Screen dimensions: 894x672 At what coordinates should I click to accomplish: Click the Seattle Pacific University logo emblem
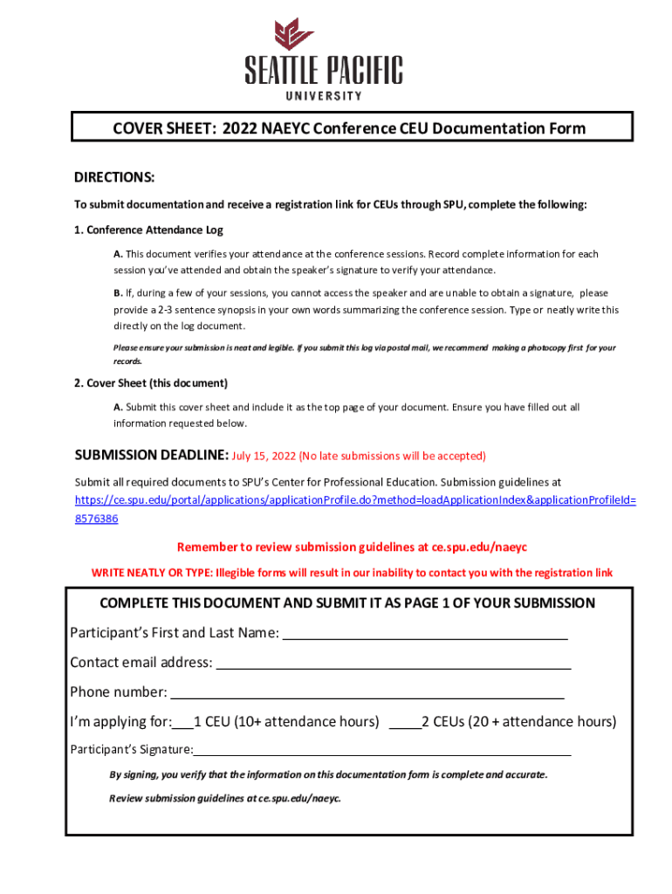(x=294, y=34)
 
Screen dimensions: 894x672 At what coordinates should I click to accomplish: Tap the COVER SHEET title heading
(x=349, y=129)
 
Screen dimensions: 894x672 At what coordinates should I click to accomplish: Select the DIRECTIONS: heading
(x=114, y=178)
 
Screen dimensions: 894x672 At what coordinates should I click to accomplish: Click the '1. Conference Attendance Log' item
(x=148, y=230)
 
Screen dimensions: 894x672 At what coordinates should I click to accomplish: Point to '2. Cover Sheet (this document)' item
(x=151, y=383)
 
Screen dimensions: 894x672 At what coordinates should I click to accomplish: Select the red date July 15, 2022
(x=264, y=456)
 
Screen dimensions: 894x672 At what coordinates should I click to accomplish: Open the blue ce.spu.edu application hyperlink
(x=355, y=500)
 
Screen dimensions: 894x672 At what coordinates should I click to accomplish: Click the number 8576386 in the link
(x=96, y=519)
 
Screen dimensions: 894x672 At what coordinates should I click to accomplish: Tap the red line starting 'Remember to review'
(x=352, y=547)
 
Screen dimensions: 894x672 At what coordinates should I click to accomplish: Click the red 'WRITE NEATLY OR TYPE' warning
(x=352, y=573)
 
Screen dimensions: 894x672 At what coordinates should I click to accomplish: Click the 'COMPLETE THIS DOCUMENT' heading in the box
(x=347, y=603)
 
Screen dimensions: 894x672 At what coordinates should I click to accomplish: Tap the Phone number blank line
(x=367, y=694)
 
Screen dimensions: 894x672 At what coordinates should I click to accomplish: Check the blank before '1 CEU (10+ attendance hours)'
(x=183, y=724)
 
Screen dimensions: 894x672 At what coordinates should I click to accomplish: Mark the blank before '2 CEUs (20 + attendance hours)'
(x=404, y=724)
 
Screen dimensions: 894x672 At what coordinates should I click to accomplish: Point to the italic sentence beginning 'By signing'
(x=328, y=774)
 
